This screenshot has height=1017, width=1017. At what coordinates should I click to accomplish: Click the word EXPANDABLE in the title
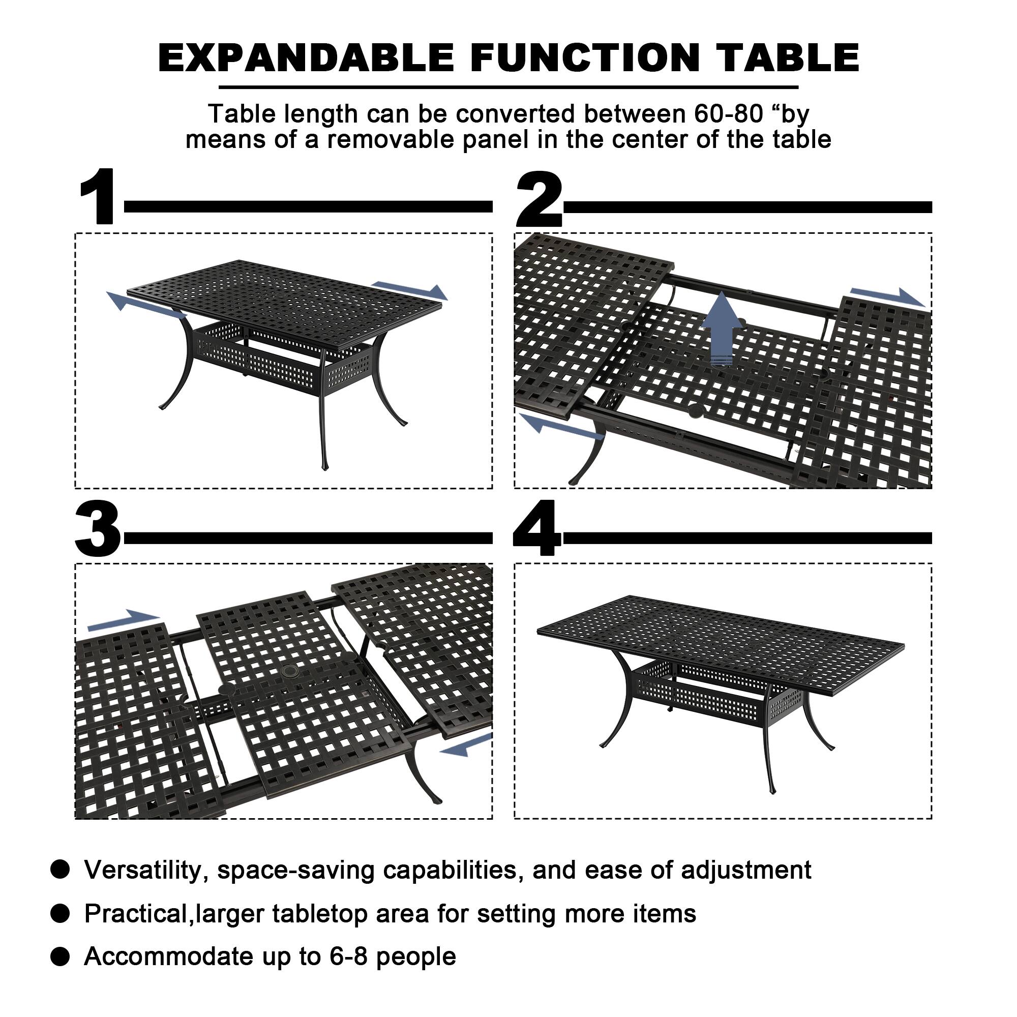306,58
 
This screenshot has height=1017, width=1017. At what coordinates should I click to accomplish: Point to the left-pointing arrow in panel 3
465,745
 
